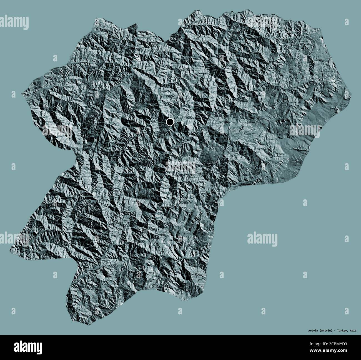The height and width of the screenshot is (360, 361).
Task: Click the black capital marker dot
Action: click(x=170, y=122)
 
